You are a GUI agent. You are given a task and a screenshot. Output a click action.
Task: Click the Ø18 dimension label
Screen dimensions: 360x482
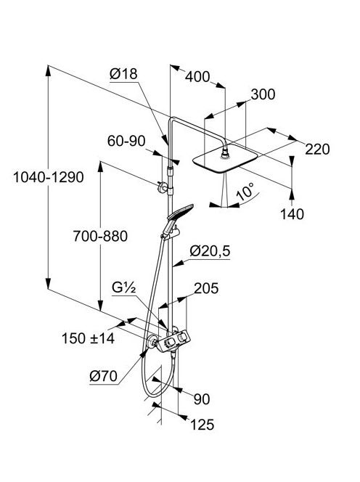point(123,74)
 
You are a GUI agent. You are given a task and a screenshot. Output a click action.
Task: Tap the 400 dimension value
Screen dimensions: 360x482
point(197,77)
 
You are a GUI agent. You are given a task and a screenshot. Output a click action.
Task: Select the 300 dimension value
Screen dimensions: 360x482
point(263,94)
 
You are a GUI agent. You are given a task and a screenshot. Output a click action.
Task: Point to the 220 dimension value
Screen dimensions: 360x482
point(317,149)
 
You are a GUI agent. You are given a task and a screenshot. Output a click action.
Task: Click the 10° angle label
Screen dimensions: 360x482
point(245,192)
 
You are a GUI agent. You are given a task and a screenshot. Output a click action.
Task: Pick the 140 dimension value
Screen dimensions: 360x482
point(292,214)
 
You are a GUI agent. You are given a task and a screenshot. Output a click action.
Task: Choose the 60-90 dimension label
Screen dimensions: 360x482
point(126,141)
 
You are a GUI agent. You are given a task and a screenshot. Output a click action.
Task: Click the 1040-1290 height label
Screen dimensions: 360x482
point(49,177)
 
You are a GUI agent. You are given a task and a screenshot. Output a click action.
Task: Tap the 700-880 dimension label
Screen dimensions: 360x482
point(100,237)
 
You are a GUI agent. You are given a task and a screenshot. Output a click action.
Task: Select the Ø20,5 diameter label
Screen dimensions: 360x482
point(210,251)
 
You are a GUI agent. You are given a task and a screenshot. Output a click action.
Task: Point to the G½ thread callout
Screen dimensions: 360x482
point(124,288)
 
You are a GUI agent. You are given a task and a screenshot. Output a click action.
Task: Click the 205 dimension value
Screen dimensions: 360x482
point(206,288)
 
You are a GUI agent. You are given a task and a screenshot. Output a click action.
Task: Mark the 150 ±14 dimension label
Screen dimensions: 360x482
point(89,338)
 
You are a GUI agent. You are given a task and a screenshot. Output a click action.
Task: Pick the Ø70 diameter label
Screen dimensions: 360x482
point(104,376)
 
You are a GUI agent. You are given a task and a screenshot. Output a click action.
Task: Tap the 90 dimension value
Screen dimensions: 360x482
point(202,399)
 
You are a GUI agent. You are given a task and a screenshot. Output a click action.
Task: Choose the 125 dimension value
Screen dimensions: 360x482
point(202,425)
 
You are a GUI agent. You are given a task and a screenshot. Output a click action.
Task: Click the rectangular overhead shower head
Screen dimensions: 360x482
point(225,159)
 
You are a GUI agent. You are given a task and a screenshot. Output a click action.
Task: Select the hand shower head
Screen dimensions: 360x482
point(180,212)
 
